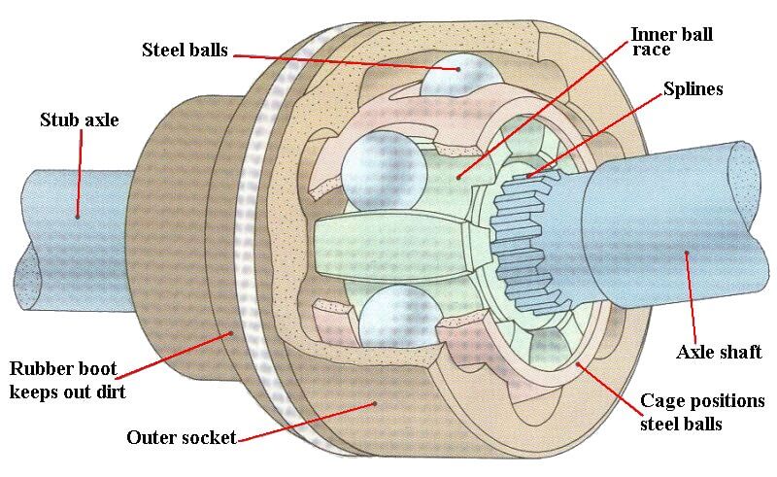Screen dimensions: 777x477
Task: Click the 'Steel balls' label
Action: pos(185,50)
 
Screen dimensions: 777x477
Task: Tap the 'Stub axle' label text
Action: pos(80,120)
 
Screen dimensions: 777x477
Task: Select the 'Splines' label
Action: pos(693,89)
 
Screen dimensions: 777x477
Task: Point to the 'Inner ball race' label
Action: pos(671,41)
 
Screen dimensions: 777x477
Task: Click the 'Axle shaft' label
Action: pos(719,352)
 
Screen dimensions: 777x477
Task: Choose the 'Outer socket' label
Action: pos(182,437)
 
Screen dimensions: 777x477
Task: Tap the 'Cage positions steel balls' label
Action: pos(702,412)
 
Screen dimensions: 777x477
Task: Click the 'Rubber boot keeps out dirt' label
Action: pos(68,380)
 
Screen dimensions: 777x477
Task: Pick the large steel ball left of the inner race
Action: pos(384,171)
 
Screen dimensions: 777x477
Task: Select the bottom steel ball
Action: pos(400,315)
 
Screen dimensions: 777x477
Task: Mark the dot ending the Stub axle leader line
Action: pos(78,217)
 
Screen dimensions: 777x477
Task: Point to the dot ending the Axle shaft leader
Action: pos(687,254)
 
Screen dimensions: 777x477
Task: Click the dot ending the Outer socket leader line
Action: pos(375,403)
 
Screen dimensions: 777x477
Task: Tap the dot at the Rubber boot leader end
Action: pos(230,333)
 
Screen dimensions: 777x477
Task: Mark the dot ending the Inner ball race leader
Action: pos(459,177)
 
